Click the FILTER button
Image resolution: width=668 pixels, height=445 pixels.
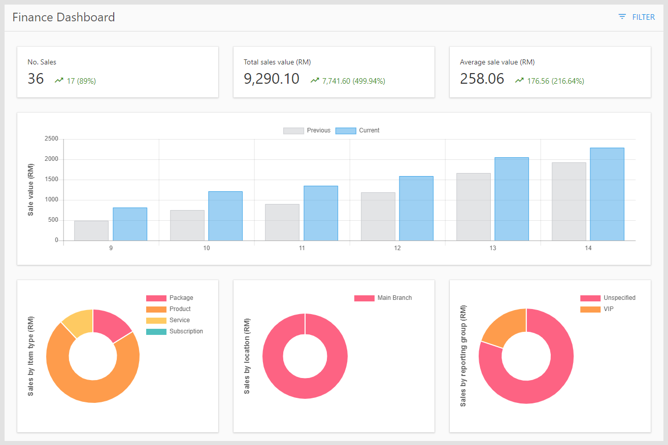(637, 17)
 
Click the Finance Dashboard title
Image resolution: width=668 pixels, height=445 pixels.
(63, 17)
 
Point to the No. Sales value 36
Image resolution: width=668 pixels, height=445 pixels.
(36, 79)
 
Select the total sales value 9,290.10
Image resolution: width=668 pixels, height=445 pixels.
(272, 79)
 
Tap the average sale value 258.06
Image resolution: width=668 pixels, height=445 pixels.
(482, 79)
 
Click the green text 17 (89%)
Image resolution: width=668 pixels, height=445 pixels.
(81, 81)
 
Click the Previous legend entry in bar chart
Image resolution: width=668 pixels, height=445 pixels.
(307, 130)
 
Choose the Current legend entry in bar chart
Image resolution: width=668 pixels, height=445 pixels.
(358, 130)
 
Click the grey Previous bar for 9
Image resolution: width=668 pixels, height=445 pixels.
(91, 230)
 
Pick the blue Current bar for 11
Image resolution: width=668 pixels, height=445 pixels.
(321, 213)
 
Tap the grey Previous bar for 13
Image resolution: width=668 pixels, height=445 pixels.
(473, 207)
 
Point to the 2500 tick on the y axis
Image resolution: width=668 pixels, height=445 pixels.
(51, 139)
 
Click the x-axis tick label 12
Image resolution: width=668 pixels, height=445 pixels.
(397, 248)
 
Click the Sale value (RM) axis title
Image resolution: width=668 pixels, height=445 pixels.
(31, 190)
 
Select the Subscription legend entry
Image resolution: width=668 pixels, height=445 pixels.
(175, 331)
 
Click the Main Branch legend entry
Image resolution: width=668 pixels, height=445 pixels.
(383, 298)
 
